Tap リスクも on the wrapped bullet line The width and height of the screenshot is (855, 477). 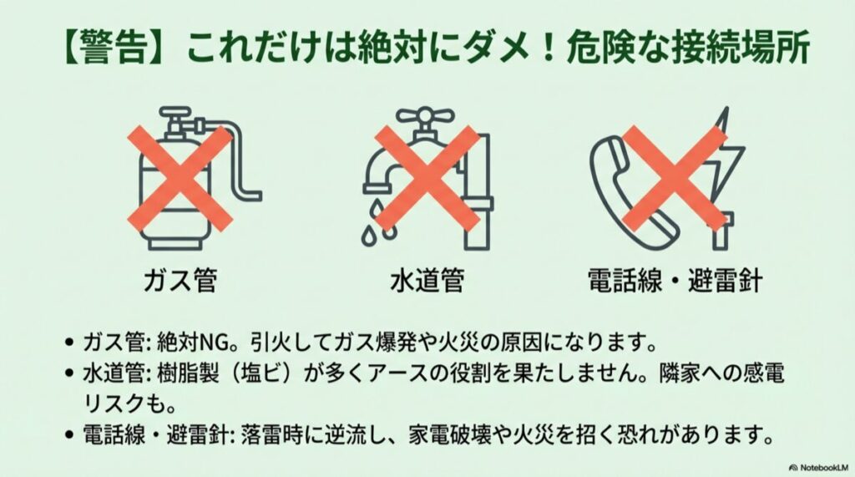[116, 404]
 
